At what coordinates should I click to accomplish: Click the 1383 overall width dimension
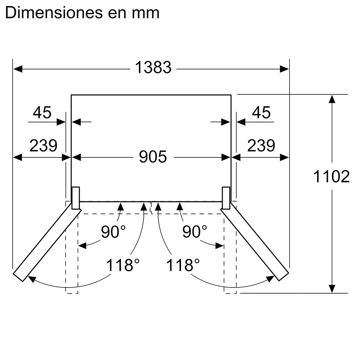point(153,68)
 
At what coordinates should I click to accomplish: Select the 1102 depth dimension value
point(332,177)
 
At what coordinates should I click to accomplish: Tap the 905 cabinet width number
point(153,157)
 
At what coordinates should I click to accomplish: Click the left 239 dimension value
point(43,146)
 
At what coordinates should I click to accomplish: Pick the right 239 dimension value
point(261,146)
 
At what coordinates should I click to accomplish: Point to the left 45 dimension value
point(42,113)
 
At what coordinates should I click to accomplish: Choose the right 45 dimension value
point(261,113)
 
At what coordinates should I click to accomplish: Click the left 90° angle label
point(113,232)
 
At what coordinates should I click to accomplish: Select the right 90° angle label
point(194,232)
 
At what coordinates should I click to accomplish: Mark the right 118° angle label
point(183,265)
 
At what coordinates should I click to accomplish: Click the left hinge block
point(76,198)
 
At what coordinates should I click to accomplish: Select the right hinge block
point(226,198)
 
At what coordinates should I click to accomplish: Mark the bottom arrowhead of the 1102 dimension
point(332,289)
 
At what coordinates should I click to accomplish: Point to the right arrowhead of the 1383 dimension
point(284,68)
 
